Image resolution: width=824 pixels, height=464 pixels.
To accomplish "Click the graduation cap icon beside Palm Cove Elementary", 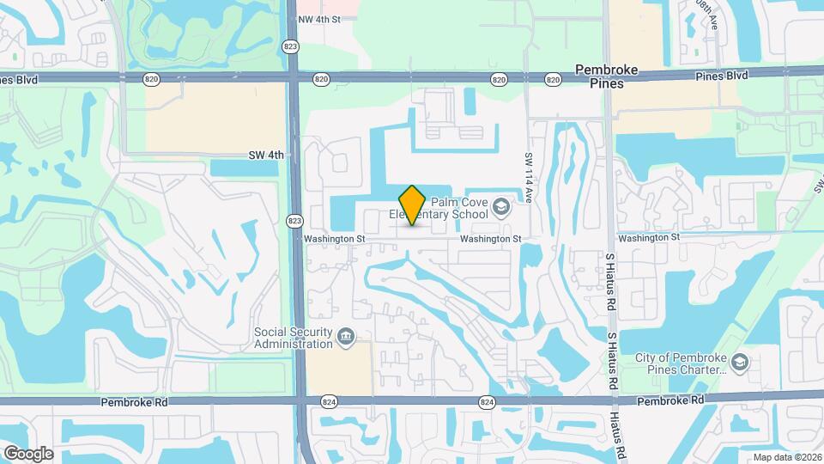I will [x=500, y=207].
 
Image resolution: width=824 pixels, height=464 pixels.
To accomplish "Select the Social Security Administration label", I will [x=293, y=338].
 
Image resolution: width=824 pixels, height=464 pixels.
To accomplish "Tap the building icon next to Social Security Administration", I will [x=345, y=336].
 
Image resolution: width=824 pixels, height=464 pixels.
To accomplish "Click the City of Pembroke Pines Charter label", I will [x=678, y=364].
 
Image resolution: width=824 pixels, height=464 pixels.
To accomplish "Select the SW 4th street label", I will [x=265, y=155].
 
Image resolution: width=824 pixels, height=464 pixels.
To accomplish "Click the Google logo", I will [x=28, y=453].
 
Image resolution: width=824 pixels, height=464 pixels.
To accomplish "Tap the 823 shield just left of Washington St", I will [x=293, y=221].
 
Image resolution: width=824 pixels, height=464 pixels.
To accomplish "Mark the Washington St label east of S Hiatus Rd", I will [x=648, y=236].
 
